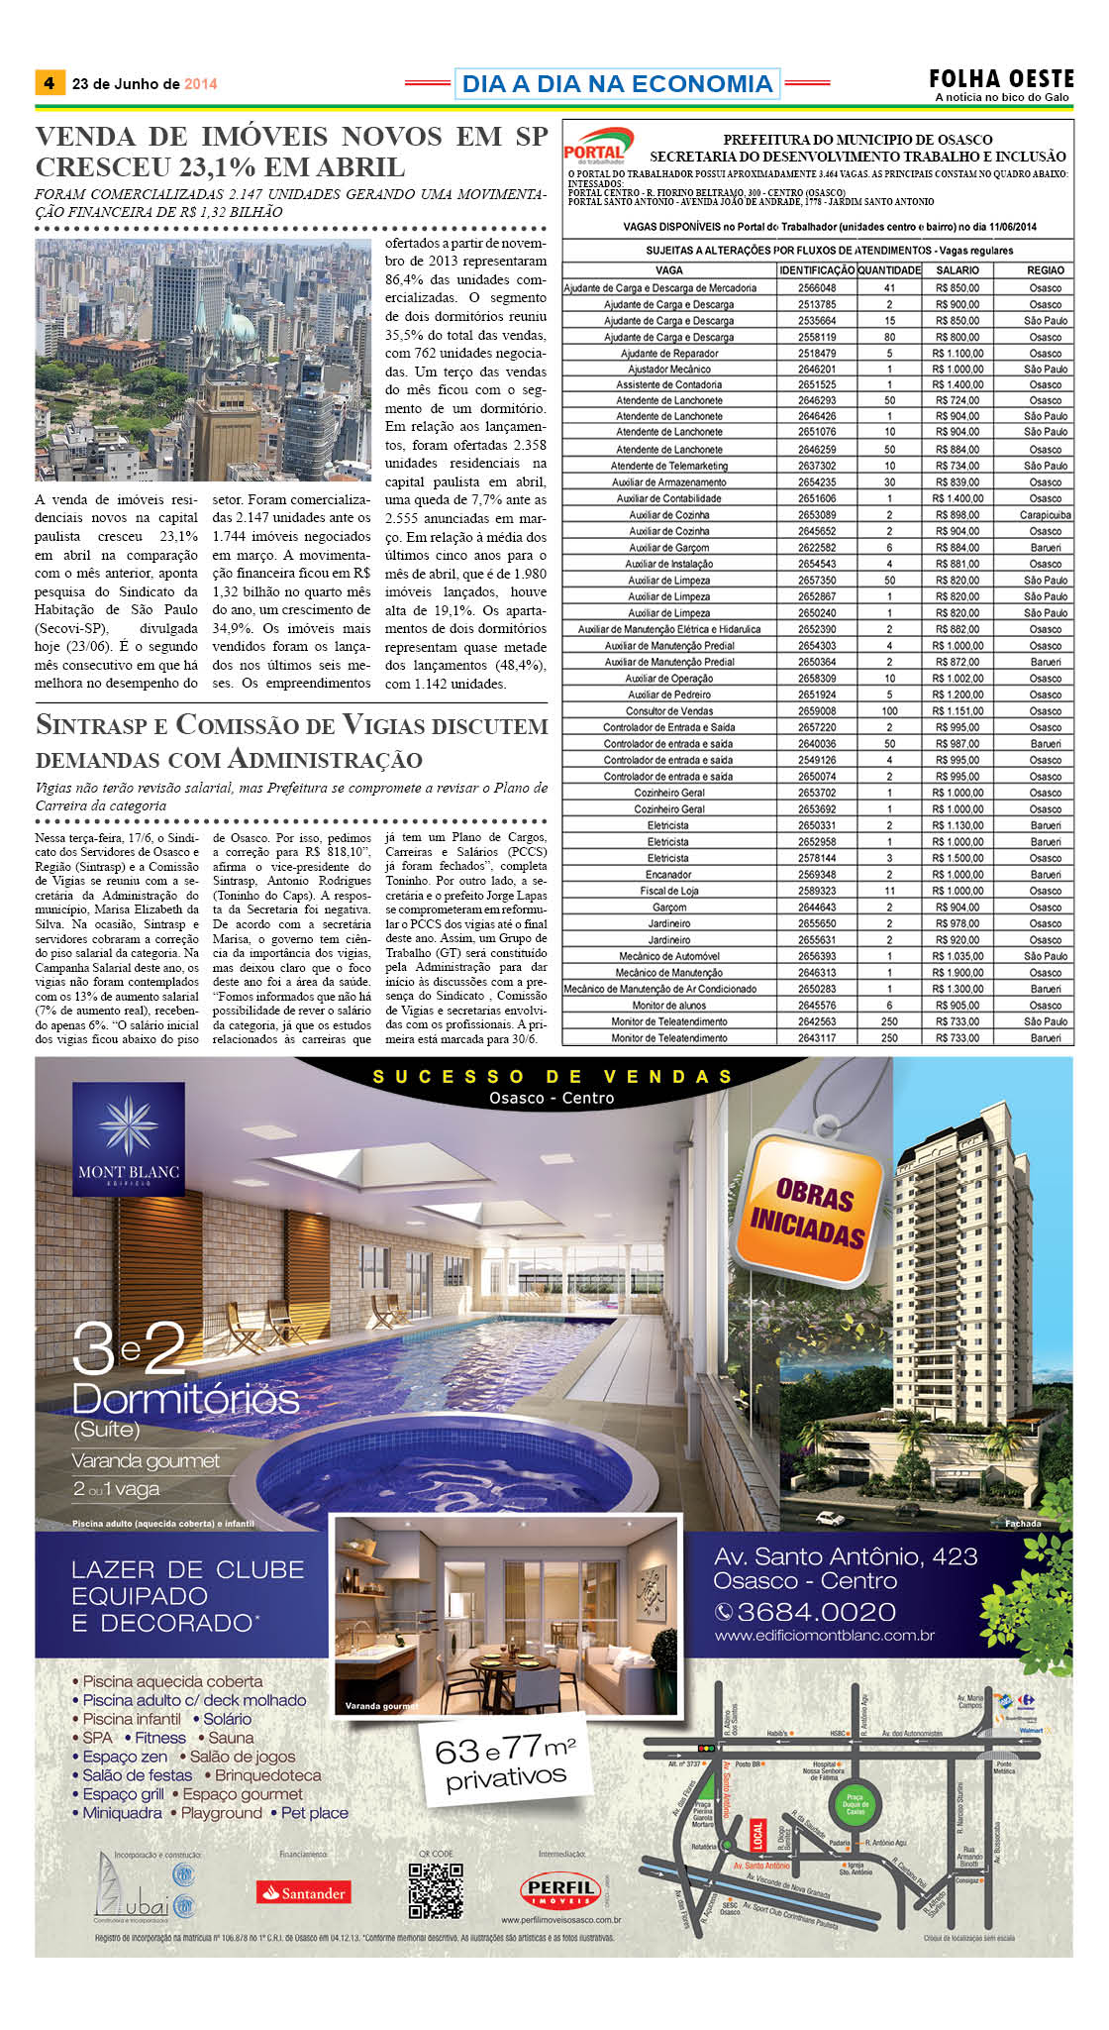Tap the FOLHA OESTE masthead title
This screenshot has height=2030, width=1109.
tap(1001, 78)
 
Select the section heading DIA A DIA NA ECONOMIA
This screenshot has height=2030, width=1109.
tap(617, 84)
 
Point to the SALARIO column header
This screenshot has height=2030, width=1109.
tap(957, 269)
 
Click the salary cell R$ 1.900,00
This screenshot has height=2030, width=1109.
tap(957, 973)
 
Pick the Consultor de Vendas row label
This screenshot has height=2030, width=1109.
tap(669, 711)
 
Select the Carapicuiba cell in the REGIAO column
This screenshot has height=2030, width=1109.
tap(1045, 515)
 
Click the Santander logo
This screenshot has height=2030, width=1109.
tap(303, 1892)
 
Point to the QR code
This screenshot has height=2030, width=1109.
tap(436, 1890)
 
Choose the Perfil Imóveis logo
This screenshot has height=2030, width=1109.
tap(560, 1890)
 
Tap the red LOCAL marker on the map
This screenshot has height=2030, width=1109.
tap(758, 1834)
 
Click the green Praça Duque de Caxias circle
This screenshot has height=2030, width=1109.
tap(855, 1802)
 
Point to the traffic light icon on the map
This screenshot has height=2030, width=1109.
tap(706, 1747)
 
